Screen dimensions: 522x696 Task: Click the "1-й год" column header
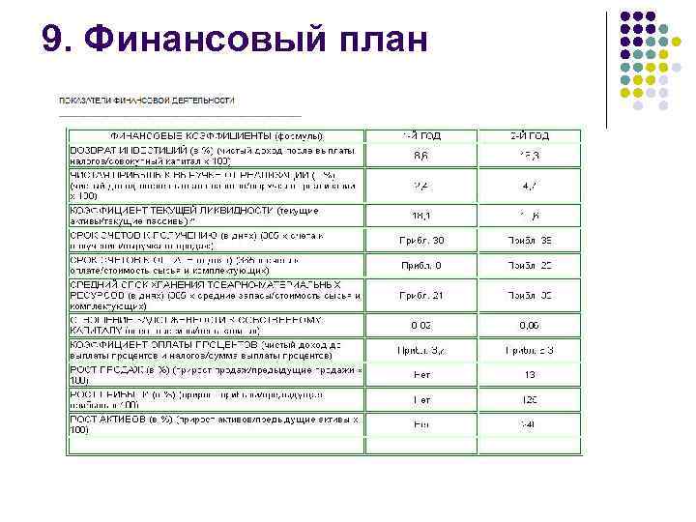click(421, 136)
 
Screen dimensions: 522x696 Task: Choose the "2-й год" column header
click(529, 136)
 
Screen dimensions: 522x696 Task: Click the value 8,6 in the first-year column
click(421, 156)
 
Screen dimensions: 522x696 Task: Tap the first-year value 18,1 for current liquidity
click(421, 217)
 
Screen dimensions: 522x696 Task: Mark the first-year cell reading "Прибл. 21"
click(422, 295)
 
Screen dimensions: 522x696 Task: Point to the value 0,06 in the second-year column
click(529, 326)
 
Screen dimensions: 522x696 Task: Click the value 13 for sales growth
click(529, 373)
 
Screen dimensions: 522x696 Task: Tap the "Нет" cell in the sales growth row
click(421, 373)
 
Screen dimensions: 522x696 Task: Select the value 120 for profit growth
click(529, 398)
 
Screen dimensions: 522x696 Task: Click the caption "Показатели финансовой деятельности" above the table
click(147, 100)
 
